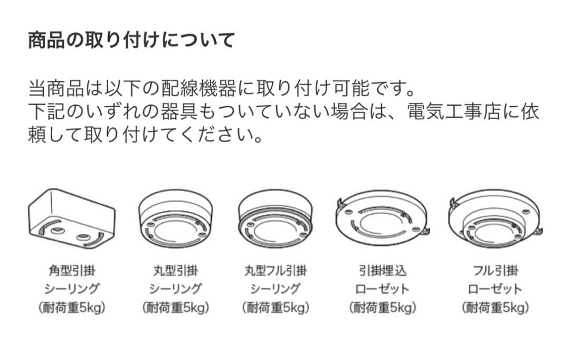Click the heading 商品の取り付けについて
[131, 40]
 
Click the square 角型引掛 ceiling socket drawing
[72, 220]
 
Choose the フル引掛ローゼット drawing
[495, 220]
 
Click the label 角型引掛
[72, 271]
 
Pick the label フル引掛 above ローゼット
[495, 271]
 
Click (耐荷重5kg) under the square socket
[72, 308]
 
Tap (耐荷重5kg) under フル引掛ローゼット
[495, 308]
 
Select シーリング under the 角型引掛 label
[72, 289]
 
